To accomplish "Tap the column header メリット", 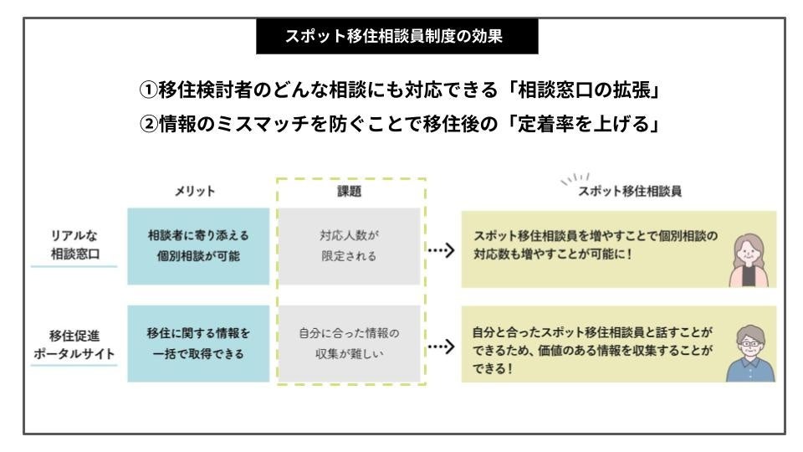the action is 198,191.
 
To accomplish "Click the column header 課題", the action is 351,191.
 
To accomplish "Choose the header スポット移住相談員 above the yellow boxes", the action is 630,191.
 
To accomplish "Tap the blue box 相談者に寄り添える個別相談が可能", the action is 198,247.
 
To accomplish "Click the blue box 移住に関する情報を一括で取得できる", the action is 198,343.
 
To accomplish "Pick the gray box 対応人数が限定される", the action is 351,247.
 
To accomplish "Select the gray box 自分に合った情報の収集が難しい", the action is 351,343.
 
